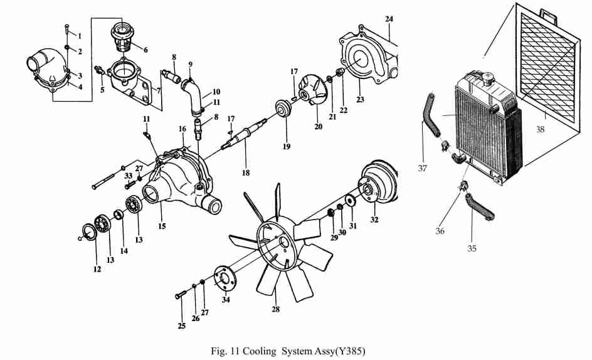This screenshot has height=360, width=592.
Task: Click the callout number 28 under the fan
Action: pos(275,309)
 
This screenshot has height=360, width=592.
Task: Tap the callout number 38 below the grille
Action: pos(541,130)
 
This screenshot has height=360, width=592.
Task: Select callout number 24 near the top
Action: pos(389,19)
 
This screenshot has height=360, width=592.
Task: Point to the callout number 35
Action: pos(472,248)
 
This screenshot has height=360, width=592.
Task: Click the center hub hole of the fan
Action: pos(283,241)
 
